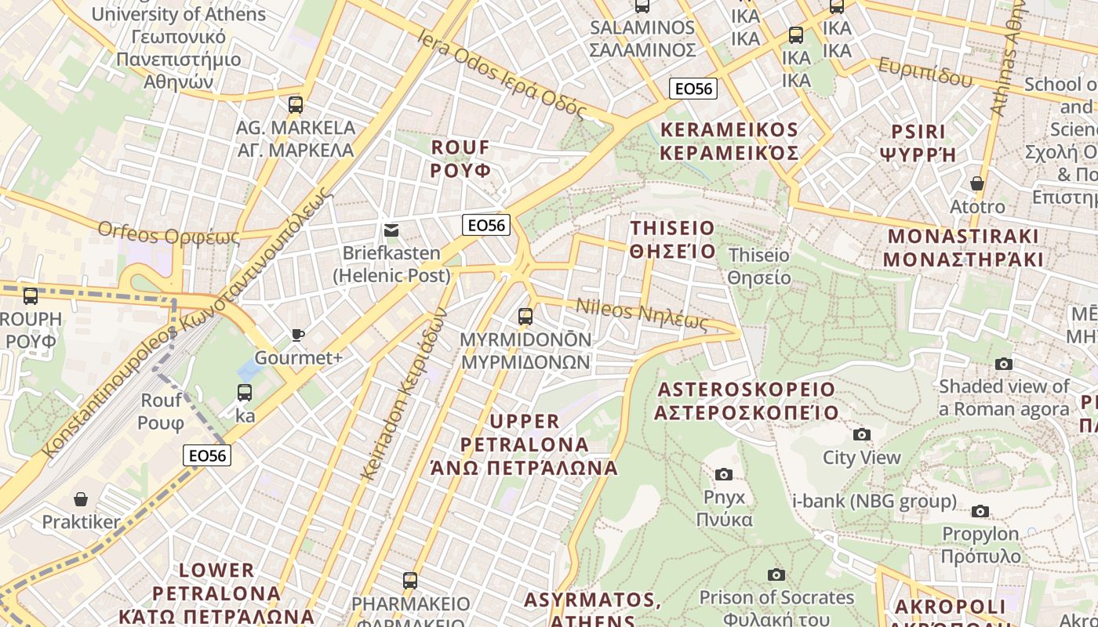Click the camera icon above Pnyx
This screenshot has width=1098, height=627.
tap(723, 474)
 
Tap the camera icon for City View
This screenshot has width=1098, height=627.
tap(861, 435)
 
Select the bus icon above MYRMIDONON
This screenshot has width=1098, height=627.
tap(525, 317)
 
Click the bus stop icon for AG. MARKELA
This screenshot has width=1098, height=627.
tap(295, 104)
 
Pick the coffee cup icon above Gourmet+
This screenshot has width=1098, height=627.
tap(298, 335)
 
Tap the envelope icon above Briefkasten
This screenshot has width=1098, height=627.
tap(391, 230)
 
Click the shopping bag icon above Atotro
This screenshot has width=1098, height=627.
tap(976, 184)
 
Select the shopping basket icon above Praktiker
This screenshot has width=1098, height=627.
tap(80, 499)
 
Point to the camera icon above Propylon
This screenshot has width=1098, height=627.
tap(980, 512)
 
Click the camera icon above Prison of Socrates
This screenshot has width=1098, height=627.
tap(776, 575)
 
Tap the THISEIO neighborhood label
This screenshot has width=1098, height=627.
tap(674, 240)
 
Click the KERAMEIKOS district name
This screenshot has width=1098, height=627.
tap(729, 141)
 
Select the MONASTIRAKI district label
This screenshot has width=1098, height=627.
tap(963, 248)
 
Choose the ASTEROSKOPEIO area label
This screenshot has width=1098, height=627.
tap(747, 400)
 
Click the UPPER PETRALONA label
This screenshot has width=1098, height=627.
tap(525, 444)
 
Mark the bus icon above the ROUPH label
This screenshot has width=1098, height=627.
tap(30, 296)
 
